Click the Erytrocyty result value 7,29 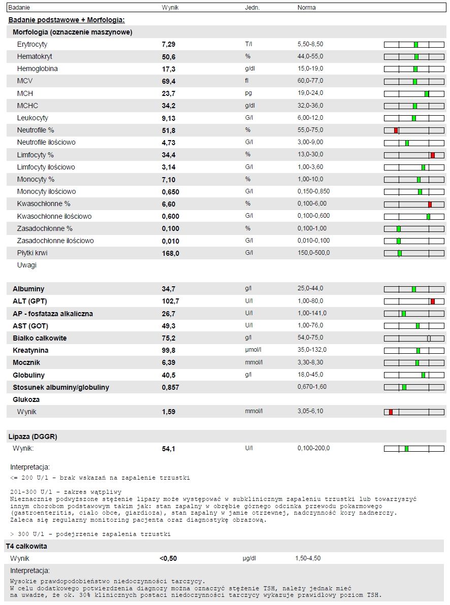(x=168, y=45)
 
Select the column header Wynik (x=170, y=8)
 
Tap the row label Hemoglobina (x=37, y=69)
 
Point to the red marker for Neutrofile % (x=396, y=130)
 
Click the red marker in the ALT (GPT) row (x=432, y=301)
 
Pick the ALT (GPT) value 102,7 (x=170, y=301)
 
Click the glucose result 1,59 (x=168, y=412)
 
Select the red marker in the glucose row (x=391, y=412)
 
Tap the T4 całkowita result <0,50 (x=168, y=559)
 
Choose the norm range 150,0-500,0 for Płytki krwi (x=313, y=253)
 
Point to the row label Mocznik (x=26, y=363)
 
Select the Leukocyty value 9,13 (x=168, y=118)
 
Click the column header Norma (x=306, y=8)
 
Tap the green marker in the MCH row (x=427, y=93)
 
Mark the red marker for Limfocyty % (x=432, y=155)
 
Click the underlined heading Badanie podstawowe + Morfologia (x=67, y=20)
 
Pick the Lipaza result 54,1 (x=168, y=449)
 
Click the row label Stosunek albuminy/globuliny (x=61, y=388)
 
